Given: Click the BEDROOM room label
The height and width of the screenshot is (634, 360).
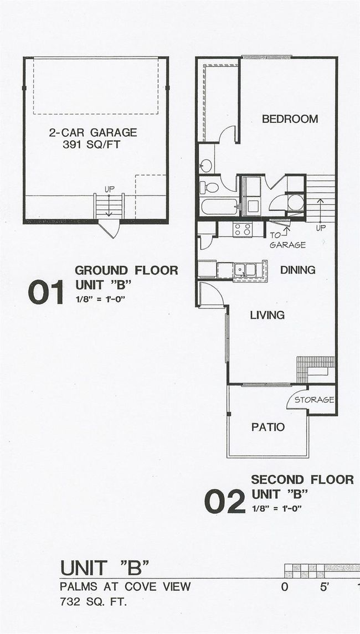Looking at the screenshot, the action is coord(290,119).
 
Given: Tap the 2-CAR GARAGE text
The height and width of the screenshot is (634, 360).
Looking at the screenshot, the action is coord(93,132).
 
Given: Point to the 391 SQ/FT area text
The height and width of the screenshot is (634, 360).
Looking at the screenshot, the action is coord(91,145).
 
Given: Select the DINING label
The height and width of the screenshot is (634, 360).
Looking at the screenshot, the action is coord(298,270).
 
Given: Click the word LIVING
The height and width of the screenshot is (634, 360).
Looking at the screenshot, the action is coord(267,315).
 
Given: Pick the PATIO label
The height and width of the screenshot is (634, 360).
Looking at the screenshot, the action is coord(268,427).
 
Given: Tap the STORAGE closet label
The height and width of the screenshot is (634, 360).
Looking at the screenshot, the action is coord(314,400).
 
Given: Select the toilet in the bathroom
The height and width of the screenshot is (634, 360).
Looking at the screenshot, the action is coord(209,187).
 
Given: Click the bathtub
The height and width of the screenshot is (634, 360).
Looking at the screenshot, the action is coord(219,206).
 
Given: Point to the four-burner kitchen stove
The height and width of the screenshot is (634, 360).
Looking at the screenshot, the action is coord(242,229).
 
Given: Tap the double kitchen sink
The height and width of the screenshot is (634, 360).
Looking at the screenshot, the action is coord(245,269).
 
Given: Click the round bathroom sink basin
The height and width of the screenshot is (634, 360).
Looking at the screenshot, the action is coord(206,165).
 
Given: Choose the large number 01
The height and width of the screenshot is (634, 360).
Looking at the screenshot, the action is coord(46,292).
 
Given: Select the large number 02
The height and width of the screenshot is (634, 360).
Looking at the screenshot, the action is coord(225,501).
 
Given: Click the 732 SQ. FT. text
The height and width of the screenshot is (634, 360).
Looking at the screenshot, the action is coord(94,602).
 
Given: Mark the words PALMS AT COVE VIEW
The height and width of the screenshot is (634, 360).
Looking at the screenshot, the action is coord(125,586).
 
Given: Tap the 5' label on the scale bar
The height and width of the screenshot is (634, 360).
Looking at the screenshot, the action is coord(325,587).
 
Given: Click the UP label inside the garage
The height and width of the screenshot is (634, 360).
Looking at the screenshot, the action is coord(109,189).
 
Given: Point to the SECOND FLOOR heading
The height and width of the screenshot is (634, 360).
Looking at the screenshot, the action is coord(302,480).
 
